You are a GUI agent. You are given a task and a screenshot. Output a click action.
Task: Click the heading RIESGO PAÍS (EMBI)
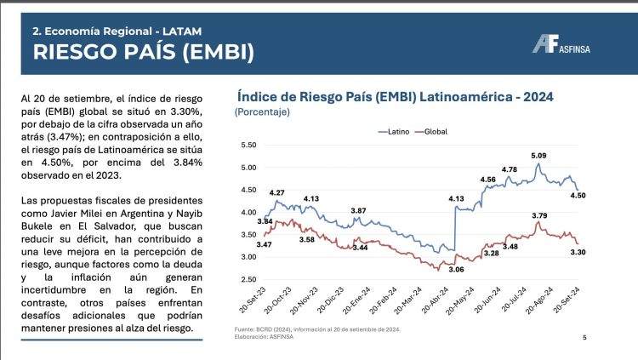click(x=143, y=52)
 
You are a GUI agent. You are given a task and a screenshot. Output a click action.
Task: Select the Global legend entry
click(x=434, y=131)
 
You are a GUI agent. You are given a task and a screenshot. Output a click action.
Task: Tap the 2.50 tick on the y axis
click(x=248, y=279)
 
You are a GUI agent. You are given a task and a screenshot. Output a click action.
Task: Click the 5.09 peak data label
click(x=538, y=156)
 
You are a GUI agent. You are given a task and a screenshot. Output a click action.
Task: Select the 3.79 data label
click(x=538, y=215)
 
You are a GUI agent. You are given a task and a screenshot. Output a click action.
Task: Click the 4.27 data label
click(x=276, y=193)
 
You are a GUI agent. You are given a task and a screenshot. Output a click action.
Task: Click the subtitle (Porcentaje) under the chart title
click(x=263, y=111)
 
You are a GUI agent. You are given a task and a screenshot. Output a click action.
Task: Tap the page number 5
click(x=584, y=338)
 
